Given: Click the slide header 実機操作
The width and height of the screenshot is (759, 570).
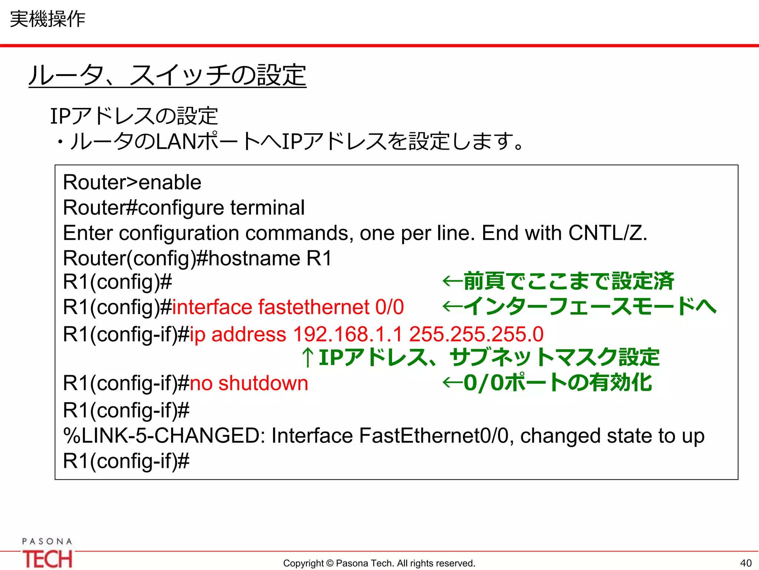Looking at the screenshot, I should pos(47,19).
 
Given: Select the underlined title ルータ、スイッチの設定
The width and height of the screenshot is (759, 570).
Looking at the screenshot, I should pos(168,75).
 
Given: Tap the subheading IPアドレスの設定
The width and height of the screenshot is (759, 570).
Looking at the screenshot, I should pos(134,116).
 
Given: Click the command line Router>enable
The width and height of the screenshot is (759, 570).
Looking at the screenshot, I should pos(132,182).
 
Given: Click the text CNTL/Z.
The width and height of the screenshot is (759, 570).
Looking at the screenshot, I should pos(607,233).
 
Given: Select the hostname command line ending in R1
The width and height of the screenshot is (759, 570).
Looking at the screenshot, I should pos(197,258).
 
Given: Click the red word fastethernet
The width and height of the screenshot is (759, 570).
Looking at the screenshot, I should pos(314,307).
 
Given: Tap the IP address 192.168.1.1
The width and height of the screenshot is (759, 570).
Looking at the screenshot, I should pos(348,334).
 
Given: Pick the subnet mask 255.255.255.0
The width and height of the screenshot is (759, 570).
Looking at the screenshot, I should pos(476,334).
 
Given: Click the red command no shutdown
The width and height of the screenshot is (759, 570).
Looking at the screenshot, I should pos(249,383).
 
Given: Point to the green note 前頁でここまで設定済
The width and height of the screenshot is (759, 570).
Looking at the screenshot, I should pos(568,281).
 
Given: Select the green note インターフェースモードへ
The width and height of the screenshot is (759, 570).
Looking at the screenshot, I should pos(590,307).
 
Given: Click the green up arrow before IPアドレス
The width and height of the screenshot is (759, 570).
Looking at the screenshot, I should pos(308,358).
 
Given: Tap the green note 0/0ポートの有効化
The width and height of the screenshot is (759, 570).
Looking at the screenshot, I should pos(557,383).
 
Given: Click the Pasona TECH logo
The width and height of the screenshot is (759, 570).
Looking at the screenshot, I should pos(47,554).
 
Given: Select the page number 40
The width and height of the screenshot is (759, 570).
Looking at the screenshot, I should pos(746,563).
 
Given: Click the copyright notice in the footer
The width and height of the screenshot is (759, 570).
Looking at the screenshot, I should pos(379,563).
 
